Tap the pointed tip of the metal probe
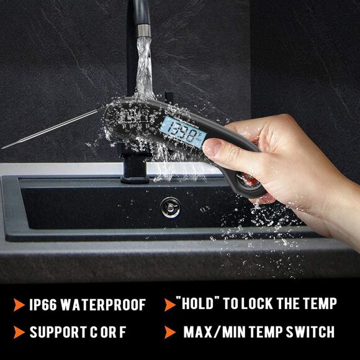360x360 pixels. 3,147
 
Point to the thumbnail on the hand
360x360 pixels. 213,147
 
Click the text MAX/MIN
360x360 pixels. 213,331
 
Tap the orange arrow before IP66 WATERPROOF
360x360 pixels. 17,305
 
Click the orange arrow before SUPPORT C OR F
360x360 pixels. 17,332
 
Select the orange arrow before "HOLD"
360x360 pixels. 169,304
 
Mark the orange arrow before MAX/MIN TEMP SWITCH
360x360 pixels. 169,331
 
